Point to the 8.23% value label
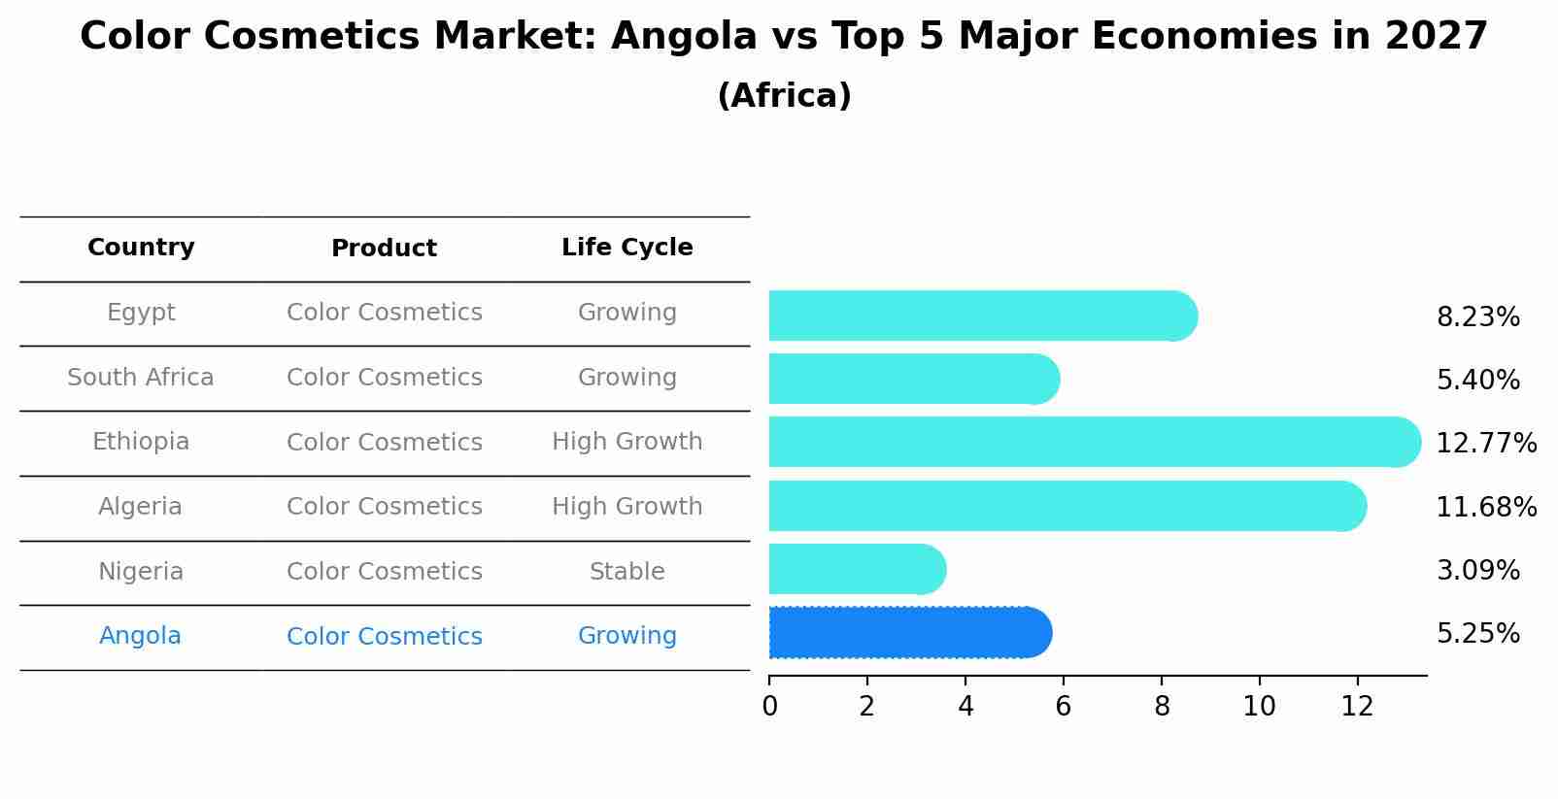(1477, 317)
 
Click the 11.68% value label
(1485, 507)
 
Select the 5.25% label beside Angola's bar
(1477, 634)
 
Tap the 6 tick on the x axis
(1063, 707)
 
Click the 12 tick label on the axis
(1357, 707)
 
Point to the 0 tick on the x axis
(769, 707)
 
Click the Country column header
(141, 248)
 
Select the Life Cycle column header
(627, 248)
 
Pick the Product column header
(384, 249)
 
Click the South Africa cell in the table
(141, 378)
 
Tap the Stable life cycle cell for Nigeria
(627, 572)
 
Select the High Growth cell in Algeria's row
(627, 507)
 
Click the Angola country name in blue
(140, 636)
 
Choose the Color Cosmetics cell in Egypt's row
(384, 313)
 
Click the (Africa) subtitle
(784, 96)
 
